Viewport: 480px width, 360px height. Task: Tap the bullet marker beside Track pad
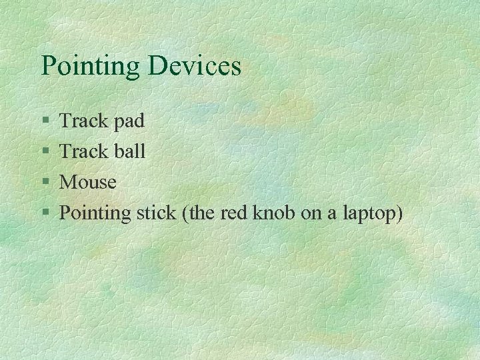pyautogui.click(x=45, y=121)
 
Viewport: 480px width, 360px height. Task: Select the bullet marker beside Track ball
pyautogui.click(x=45, y=152)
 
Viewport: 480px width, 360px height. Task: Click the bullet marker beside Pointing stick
pyautogui.click(x=45, y=213)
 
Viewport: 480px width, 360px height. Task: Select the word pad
pyautogui.click(x=128, y=121)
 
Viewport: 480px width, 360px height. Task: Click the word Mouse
pyautogui.click(x=88, y=182)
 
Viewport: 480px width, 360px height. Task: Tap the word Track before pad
pyautogui.click(x=83, y=121)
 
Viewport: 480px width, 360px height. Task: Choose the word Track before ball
pyautogui.click(x=83, y=151)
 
